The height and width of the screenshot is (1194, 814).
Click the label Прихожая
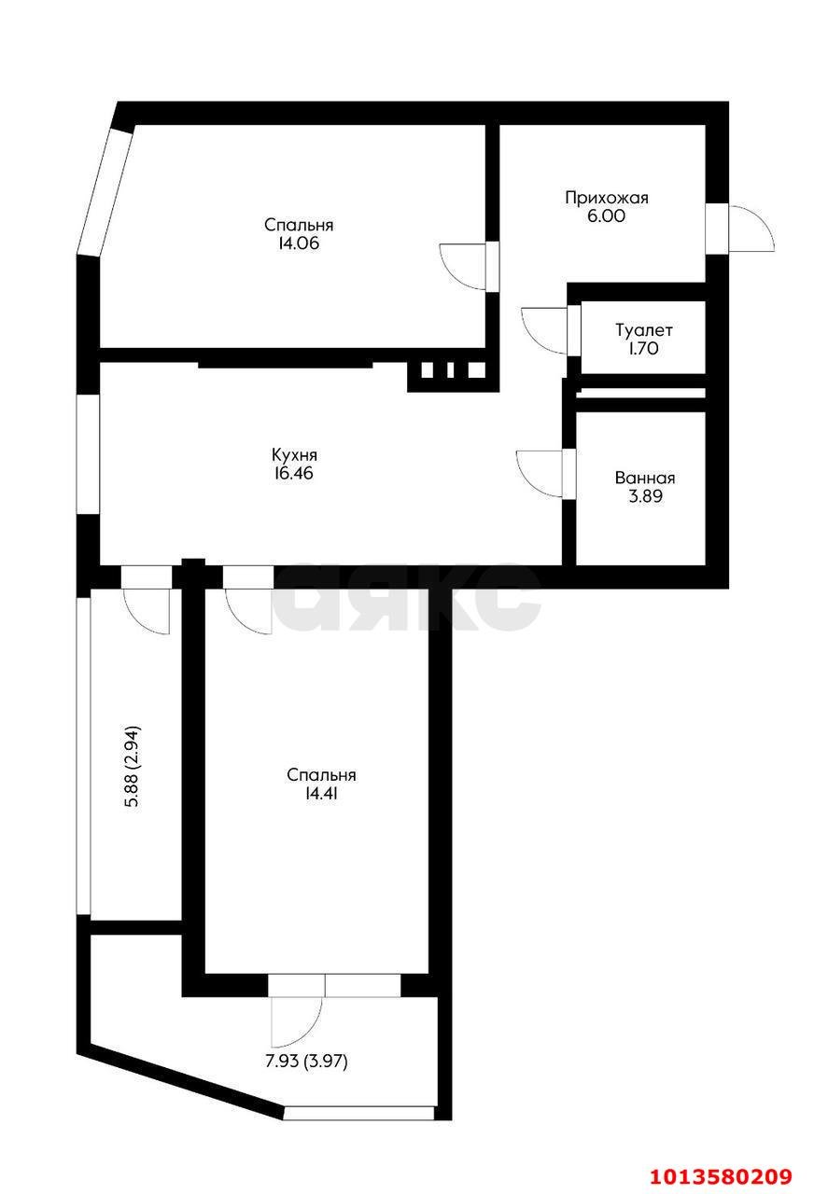(607, 198)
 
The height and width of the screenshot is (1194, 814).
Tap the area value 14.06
(298, 243)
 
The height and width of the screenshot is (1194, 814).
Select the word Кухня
(294, 454)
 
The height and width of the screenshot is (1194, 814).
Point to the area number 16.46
(294, 473)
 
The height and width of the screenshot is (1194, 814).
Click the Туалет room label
(644, 330)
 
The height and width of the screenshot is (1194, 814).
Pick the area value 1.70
(644, 348)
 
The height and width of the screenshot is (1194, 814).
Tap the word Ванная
(645, 478)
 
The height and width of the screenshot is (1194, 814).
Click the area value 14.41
(321, 793)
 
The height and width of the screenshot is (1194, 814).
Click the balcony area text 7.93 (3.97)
(307, 1062)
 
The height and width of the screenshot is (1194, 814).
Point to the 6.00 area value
(607, 215)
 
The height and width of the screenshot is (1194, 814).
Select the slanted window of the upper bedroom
(105, 190)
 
